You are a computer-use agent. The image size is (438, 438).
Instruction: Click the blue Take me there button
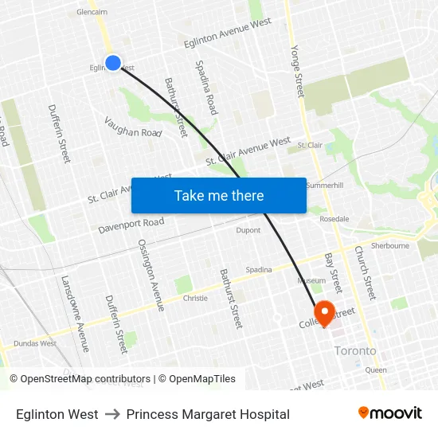(x=219, y=195)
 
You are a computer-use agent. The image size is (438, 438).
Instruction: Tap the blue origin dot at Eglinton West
(x=113, y=62)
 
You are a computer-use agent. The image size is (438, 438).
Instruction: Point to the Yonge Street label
(x=295, y=71)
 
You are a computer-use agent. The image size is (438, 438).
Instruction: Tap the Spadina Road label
(x=206, y=87)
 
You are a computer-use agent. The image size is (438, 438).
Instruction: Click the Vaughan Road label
(x=133, y=127)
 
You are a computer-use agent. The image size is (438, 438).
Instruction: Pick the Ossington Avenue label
(x=151, y=274)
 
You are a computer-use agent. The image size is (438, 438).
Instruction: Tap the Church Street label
(x=365, y=272)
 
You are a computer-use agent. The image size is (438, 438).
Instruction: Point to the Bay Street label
(x=332, y=273)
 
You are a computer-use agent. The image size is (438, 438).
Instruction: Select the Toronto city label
(x=355, y=350)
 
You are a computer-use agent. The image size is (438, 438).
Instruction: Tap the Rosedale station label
(x=334, y=218)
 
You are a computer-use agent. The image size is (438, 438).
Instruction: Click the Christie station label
(x=195, y=298)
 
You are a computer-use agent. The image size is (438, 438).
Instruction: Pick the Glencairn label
(x=92, y=13)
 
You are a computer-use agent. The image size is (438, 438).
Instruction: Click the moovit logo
(x=390, y=413)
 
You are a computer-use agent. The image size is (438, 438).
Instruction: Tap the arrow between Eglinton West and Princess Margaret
(x=112, y=414)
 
